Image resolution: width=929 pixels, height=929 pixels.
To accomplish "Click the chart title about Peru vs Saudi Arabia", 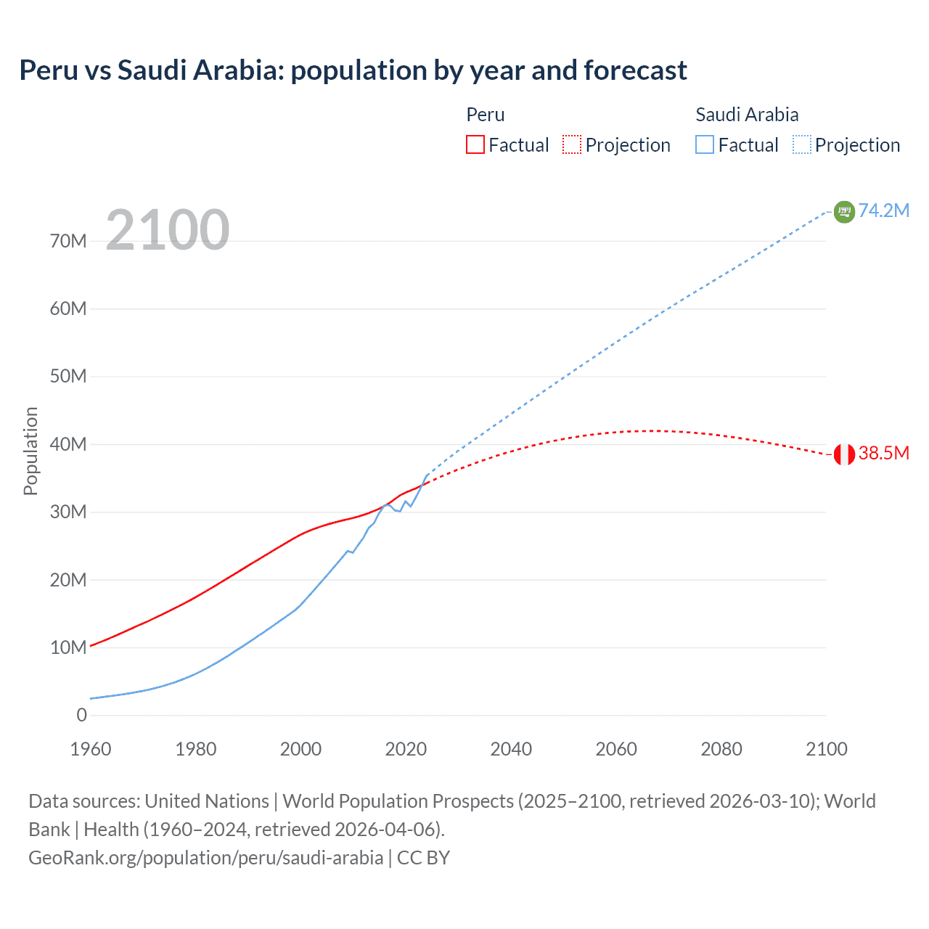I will click(353, 70).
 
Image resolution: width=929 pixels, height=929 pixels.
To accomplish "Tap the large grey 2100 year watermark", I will click(168, 230).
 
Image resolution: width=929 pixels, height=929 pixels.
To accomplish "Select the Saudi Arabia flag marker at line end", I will click(844, 211).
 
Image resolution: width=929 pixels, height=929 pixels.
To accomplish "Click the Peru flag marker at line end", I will click(844, 454).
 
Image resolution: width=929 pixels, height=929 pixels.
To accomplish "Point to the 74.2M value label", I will click(883, 210).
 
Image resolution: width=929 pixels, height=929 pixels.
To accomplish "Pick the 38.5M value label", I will click(883, 454).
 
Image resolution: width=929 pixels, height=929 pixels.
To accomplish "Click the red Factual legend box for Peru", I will click(475, 144).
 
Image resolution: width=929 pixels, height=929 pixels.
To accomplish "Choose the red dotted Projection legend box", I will click(572, 144).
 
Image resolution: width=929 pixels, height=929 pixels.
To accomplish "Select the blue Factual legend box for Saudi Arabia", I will click(705, 144).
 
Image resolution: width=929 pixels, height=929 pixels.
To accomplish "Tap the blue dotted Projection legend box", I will click(802, 144).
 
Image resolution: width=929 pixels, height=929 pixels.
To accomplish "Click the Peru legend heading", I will click(485, 115).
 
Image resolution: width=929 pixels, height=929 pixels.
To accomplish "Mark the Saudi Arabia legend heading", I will click(747, 115).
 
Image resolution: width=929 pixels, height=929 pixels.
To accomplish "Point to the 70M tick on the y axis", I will click(68, 241).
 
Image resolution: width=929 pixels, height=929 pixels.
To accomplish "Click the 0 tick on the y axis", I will click(81, 715).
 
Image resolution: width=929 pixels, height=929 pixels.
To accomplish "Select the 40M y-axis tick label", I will click(68, 444).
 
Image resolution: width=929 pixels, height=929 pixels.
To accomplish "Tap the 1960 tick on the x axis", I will click(91, 749).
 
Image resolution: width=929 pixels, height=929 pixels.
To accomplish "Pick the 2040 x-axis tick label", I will click(511, 749).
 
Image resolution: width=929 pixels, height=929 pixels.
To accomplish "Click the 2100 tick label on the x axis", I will click(826, 749).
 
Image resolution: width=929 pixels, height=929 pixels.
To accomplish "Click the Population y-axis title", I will click(30, 451).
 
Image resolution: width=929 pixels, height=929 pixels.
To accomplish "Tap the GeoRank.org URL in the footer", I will click(205, 857).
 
